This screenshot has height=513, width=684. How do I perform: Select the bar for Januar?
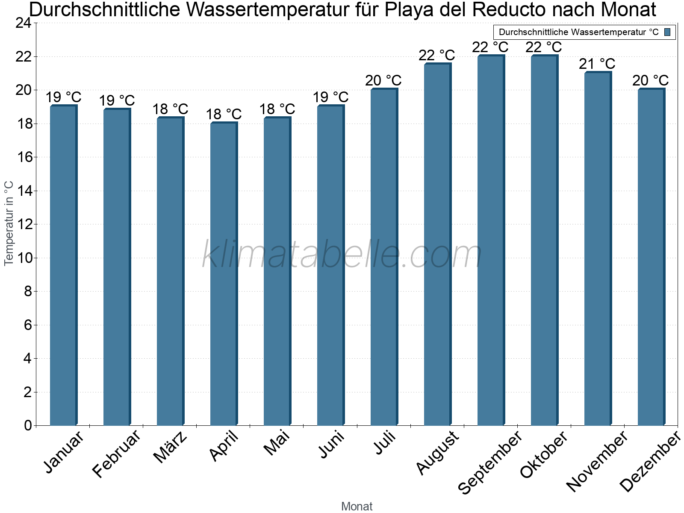tap(63, 265)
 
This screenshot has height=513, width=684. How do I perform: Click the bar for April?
tap(224, 274)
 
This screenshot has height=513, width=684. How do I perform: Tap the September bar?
tap(491, 239)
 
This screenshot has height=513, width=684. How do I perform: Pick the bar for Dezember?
tap(651, 256)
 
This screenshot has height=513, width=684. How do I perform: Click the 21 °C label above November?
tap(597, 64)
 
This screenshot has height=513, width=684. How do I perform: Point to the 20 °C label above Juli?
tap(383, 80)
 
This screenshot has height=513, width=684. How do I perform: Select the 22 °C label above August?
tap(437, 55)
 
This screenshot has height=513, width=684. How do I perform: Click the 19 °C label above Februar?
tap(117, 101)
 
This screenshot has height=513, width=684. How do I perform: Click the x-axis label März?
tap(170, 447)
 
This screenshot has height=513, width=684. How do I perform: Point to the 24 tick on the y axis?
tap(24, 23)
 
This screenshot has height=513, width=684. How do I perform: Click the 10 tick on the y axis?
tap(24, 258)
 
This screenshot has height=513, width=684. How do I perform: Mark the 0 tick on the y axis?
tap(28, 425)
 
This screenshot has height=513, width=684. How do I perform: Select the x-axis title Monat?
tap(357, 506)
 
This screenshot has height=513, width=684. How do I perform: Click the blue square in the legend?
tap(667, 32)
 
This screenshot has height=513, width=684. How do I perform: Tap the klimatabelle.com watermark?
tap(342, 254)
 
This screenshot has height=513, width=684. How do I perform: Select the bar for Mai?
tap(277, 271)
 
